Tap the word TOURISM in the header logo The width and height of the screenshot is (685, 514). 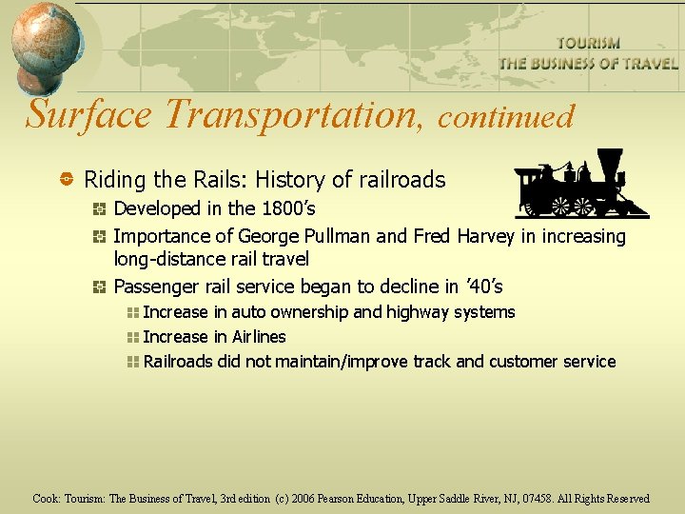click(x=588, y=44)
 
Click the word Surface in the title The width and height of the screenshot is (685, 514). click(x=88, y=114)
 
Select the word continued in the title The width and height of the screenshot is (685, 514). click(x=505, y=116)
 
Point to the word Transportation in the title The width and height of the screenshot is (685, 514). click(x=290, y=114)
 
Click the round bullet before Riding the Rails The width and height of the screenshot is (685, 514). click(x=68, y=179)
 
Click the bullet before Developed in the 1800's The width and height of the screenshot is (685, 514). click(x=100, y=209)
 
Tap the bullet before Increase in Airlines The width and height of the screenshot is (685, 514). click(x=132, y=337)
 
